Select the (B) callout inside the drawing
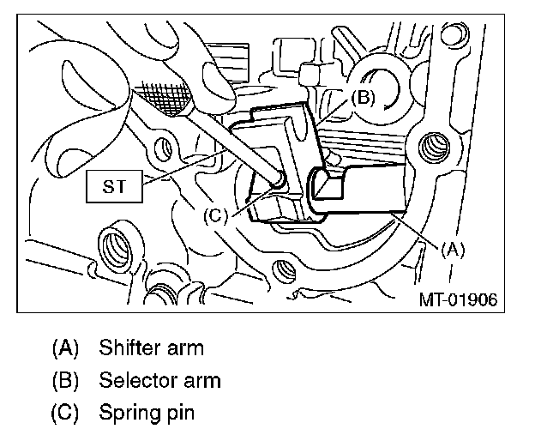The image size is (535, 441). [363, 99]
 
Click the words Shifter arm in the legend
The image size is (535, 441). [152, 348]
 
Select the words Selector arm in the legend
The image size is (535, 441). [159, 380]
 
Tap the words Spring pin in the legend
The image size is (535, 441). [147, 413]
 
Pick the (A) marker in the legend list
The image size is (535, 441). [66, 348]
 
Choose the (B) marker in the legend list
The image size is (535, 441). [66, 380]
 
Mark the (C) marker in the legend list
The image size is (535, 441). [66, 413]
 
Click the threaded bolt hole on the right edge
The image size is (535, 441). [436, 147]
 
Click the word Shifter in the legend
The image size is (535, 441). [128, 348]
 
